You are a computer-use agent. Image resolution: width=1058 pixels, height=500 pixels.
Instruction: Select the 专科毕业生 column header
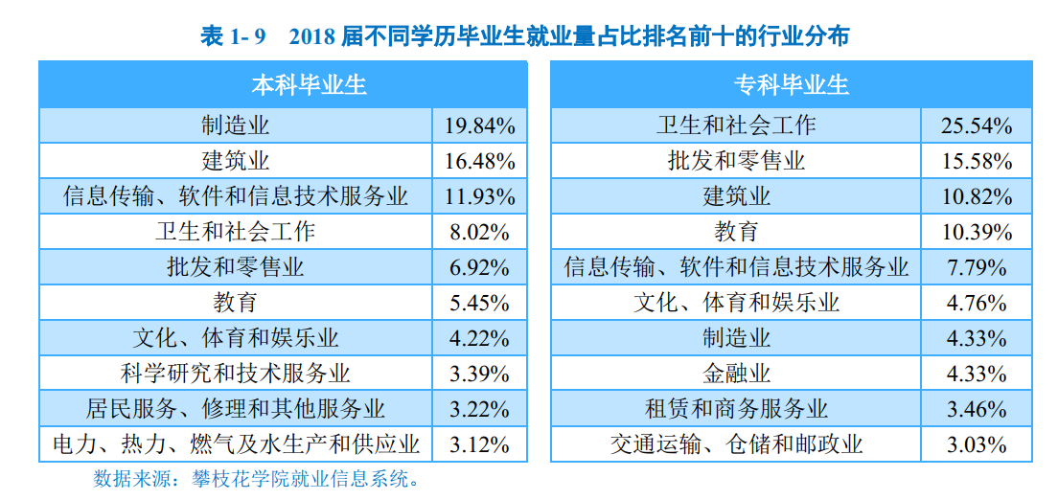pos(792,85)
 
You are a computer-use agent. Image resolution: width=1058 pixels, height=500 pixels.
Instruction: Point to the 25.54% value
pos(978,125)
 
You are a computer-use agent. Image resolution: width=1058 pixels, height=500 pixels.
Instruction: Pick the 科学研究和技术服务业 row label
pos(236,374)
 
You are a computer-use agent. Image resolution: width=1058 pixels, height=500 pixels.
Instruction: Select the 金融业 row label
pos(736,374)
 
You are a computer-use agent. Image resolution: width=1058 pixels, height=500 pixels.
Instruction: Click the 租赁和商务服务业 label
pos(736,409)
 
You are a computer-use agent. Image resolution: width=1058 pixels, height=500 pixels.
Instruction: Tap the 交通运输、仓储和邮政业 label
pos(736,444)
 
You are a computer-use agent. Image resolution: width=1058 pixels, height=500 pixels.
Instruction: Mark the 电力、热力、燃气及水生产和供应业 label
pos(236,444)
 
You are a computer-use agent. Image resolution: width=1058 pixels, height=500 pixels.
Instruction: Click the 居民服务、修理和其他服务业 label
pos(236,409)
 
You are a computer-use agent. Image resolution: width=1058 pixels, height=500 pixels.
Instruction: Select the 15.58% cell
pos(978,161)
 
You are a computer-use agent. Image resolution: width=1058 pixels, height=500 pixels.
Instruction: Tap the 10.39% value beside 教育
pos(978,232)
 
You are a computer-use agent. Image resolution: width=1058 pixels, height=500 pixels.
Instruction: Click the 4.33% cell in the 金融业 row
pos(978,374)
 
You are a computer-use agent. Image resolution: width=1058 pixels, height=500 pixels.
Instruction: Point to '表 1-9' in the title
pos(232,36)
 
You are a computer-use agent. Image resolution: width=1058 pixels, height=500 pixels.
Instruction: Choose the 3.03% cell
pos(978,444)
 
